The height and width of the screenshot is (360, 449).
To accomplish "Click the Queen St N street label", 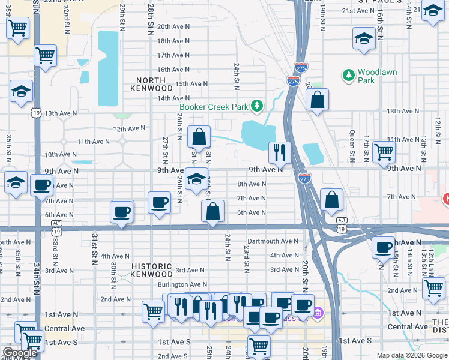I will click(352, 148).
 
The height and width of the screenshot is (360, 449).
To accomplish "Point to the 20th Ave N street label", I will click(173, 26).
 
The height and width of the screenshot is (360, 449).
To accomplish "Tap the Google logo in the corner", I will click(20, 353).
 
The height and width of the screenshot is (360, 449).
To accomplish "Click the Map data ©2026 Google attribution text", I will click(412, 355).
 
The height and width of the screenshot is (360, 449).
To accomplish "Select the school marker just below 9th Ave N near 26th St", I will click(196, 179).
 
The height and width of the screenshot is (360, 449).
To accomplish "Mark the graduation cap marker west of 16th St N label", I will click(363, 39).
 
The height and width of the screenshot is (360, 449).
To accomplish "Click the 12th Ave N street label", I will click(129, 128).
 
